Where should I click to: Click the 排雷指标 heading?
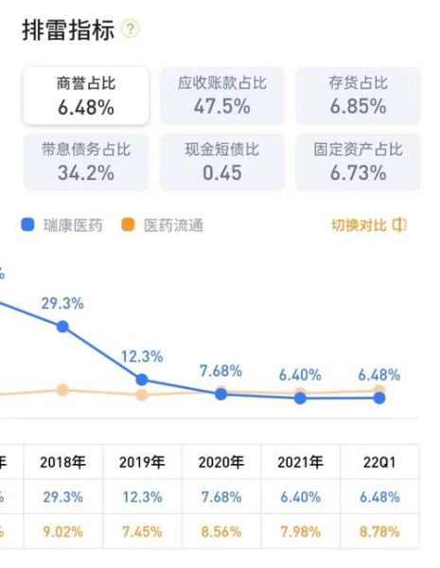coord(68,30)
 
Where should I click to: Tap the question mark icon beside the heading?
coord(131,30)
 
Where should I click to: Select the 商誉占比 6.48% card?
coord(86,96)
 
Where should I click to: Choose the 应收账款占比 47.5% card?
coord(222,96)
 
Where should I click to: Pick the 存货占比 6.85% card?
coord(358,96)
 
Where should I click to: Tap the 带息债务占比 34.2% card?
coord(86,162)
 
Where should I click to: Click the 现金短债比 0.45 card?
coord(222,162)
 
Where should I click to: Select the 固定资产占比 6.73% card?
coord(358,162)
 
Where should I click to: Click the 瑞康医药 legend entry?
coord(66,225)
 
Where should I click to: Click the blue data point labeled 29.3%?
coord(62,327)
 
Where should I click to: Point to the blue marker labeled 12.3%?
coord(142,380)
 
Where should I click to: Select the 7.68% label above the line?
coord(220,370)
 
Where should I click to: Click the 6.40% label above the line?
coord(300,374)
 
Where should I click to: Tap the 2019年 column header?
coord(142,463)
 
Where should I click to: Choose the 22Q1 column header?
coord(378,463)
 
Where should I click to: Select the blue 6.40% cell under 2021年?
coord(300,497)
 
